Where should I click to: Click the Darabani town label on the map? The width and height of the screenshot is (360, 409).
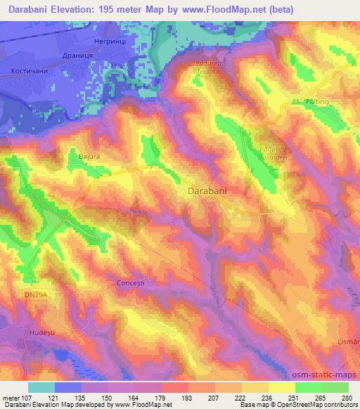[211, 190]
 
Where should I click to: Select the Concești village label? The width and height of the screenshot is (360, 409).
[129, 284]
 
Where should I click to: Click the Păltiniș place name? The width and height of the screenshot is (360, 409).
[319, 102]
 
